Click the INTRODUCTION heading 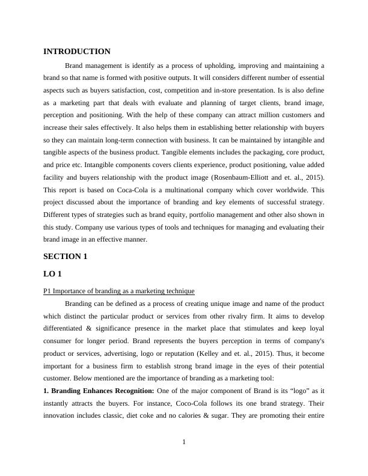pos(77,52)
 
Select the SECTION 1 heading pos(66,257)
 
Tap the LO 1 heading pos(52,274)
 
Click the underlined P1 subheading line pos(118,291)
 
